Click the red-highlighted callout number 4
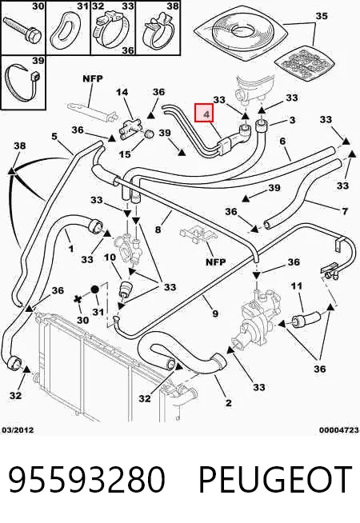tap(207, 114)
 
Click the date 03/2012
tap(18, 430)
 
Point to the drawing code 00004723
tap(339, 430)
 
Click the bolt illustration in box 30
tap(22, 30)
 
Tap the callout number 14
tap(122, 92)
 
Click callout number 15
tap(125, 154)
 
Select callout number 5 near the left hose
tap(54, 136)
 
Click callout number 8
tap(158, 230)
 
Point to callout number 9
tap(215, 313)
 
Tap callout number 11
tap(297, 285)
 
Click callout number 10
tap(110, 258)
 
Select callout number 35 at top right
tap(322, 16)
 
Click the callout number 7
tap(345, 211)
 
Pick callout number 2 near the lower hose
tap(228, 402)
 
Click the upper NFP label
tap(93, 78)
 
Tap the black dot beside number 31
tap(94, 289)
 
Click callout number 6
tap(282, 141)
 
